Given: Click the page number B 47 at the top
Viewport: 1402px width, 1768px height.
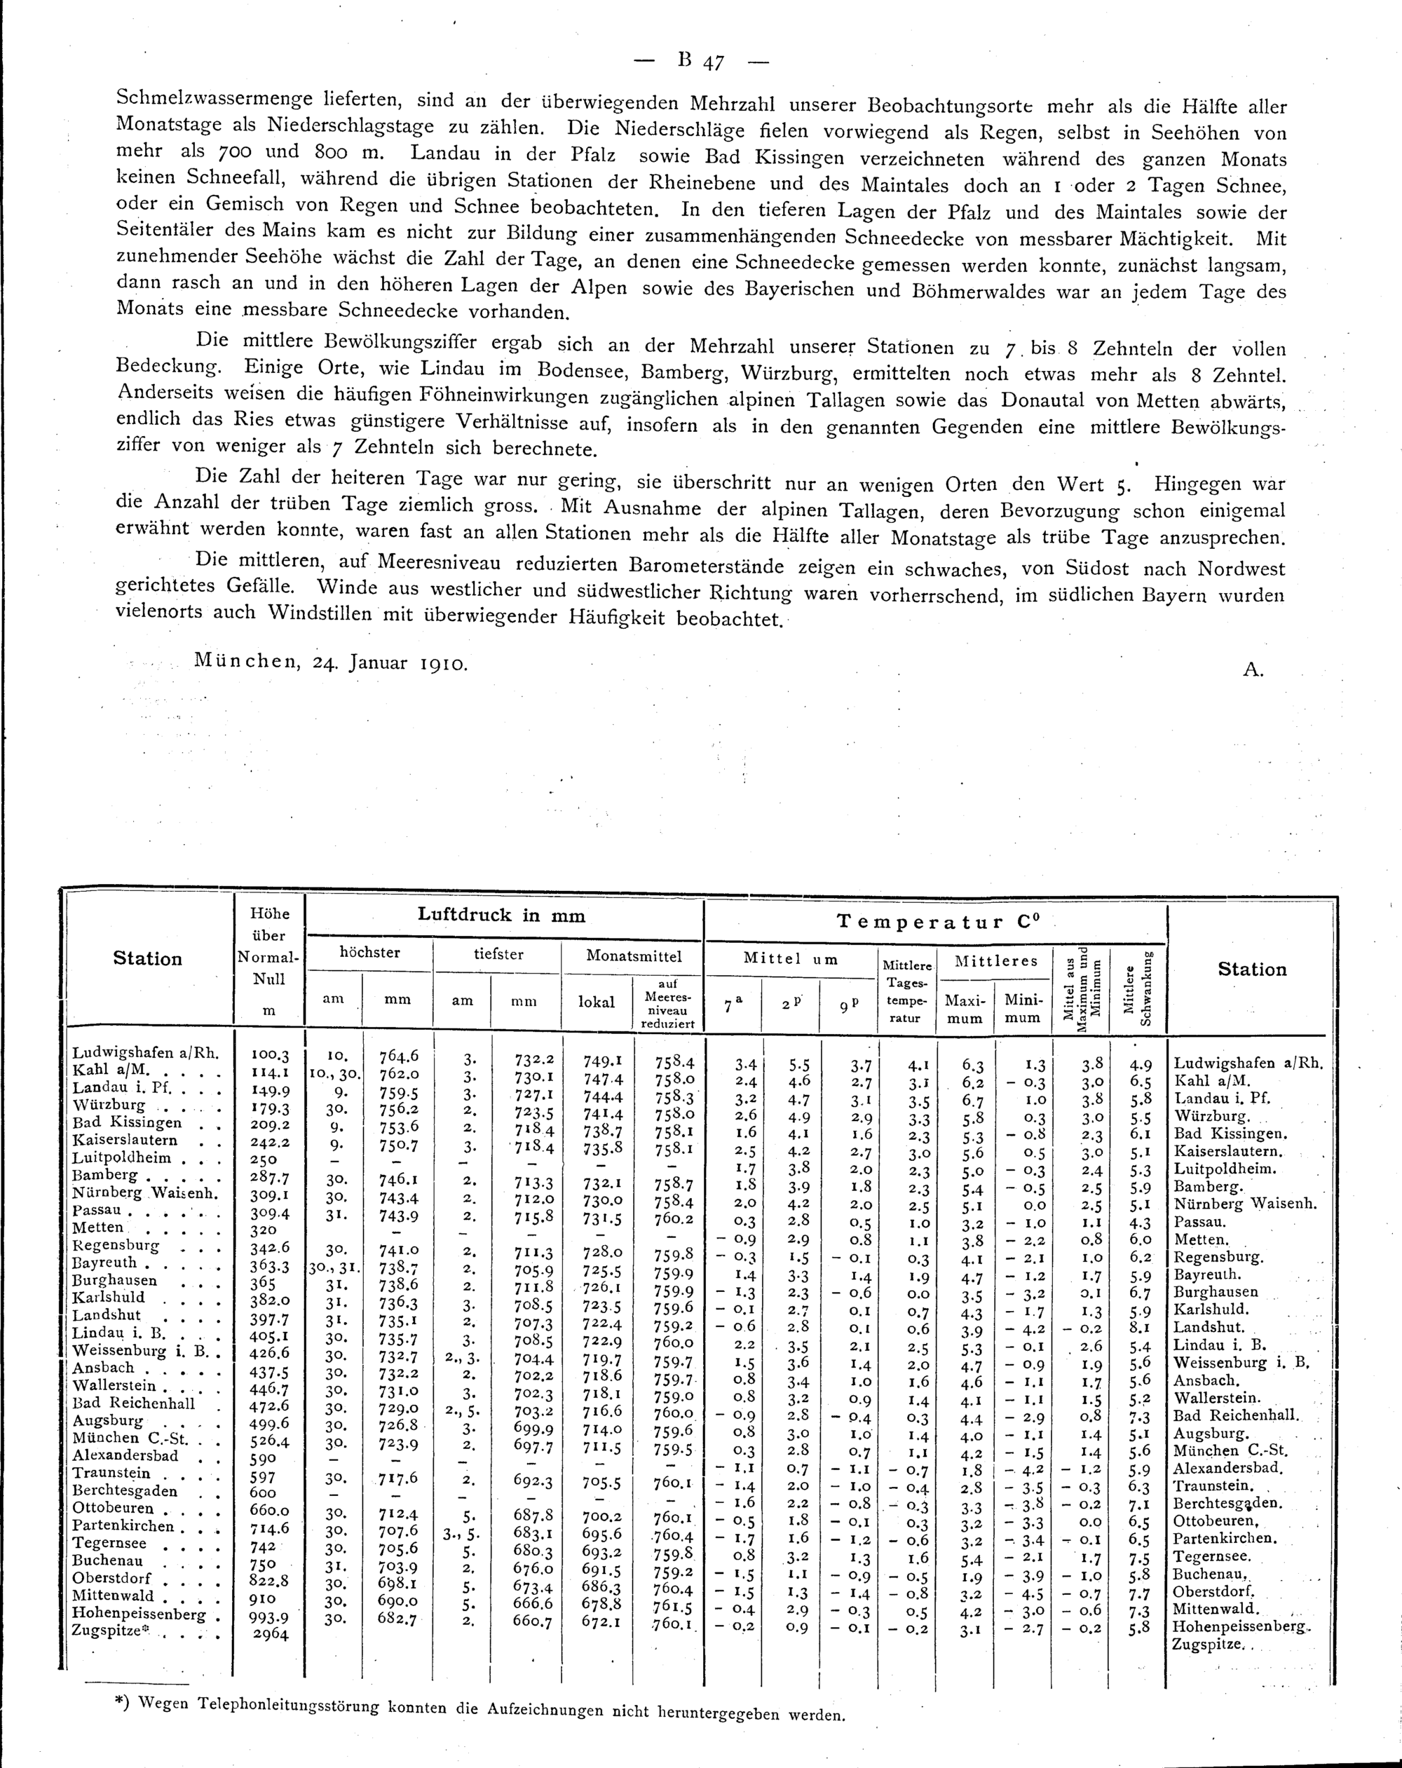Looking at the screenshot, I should tap(701, 62).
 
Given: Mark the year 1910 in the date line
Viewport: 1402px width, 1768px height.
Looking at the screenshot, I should tap(444, 663).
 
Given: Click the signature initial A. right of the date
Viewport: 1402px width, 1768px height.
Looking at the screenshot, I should tap(1253, 670).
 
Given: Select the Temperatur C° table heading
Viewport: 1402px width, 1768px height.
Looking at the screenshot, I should tap(933, 922).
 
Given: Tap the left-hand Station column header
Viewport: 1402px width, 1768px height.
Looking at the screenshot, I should tap(148, 958).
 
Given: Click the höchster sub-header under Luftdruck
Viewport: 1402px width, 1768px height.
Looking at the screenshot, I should tap(369, 953).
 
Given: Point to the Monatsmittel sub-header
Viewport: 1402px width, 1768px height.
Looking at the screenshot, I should tap(633, 956).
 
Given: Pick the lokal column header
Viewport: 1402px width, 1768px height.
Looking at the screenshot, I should tap(597, 1002).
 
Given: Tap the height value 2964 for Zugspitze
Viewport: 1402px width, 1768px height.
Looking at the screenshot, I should tap(269, 1633).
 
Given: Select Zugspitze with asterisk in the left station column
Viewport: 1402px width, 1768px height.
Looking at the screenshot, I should tap(110, 1631).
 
